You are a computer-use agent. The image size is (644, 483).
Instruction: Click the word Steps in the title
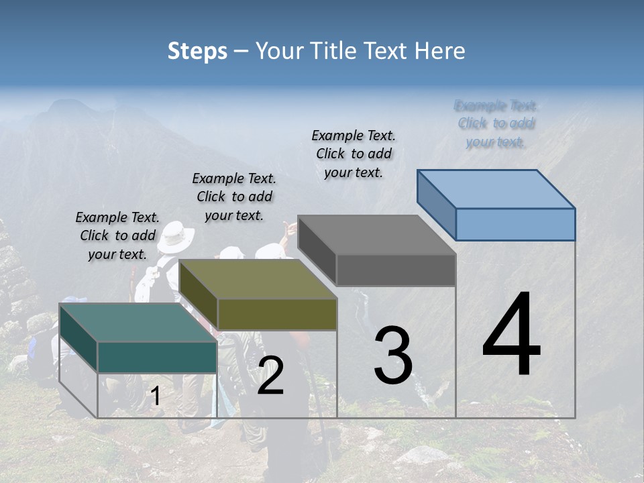(x=197, y=52)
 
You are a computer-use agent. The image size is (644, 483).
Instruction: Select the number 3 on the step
(x=393, y=355)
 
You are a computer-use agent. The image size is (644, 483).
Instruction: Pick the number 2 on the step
(x=270, y=376)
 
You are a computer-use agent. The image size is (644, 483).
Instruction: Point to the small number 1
(x=155, y=396)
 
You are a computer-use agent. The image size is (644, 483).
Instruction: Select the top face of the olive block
(x=258, y=279)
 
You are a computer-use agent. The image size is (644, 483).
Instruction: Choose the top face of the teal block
(x=138, y=323)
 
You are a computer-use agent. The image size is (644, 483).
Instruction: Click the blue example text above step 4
(x=496, y=123)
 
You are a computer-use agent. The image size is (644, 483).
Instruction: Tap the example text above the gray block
(x=354, y=154)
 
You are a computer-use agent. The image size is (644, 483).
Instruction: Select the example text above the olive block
(x=234, y=197)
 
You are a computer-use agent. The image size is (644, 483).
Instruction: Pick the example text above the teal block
(x=117, y=235)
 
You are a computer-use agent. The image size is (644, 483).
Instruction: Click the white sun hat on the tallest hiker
(x=175, y=235)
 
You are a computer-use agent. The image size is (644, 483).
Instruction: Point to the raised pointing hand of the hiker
(x=290, y=229)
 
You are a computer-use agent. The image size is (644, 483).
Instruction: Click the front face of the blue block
(x=515, y=224)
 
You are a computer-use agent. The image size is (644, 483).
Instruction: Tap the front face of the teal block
(x=157, y=357)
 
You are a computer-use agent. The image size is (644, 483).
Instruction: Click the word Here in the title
(x=440, y=51)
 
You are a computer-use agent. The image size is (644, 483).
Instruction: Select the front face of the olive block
(x=276, y=314)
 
